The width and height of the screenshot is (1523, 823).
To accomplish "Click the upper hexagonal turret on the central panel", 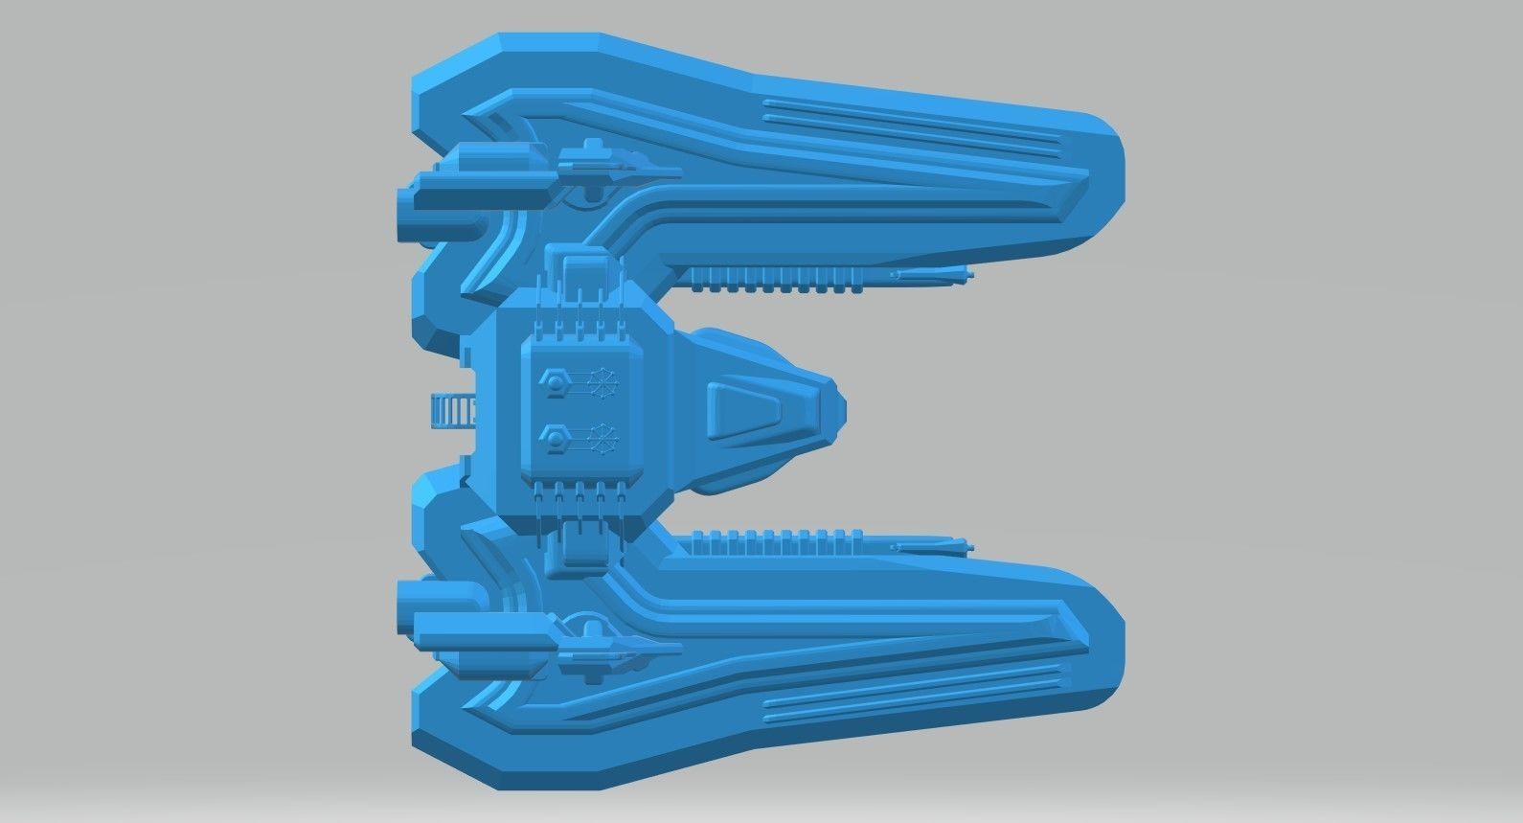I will [553, 379].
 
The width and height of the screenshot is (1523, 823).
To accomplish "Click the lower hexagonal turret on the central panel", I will [553, 440].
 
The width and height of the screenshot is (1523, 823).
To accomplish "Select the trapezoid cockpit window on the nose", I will [756, 411].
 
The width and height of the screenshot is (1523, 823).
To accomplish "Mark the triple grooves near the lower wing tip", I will [910, 693].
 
